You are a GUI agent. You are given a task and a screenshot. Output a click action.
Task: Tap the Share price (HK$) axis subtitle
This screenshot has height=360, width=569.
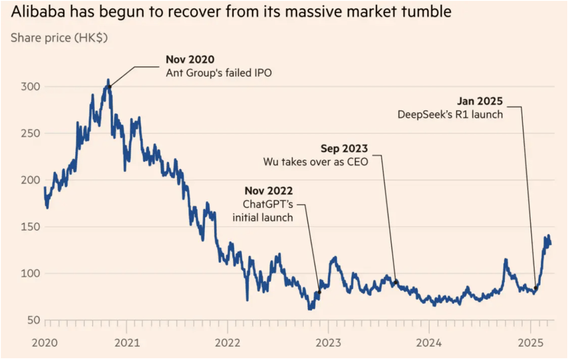(59, 38)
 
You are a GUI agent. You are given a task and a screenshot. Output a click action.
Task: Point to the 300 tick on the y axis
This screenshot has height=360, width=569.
(30, 87)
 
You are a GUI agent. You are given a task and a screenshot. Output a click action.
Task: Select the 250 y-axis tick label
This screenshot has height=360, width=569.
(30, 134)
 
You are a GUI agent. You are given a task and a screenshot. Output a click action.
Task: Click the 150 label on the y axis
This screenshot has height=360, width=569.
(30, 227)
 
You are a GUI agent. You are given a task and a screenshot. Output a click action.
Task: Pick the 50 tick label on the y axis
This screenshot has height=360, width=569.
(33, 320)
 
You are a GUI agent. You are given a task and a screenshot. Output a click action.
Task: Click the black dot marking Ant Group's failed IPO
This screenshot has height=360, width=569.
(110, 87)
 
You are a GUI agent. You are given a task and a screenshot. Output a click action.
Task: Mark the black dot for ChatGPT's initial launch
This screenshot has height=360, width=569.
(319, 292)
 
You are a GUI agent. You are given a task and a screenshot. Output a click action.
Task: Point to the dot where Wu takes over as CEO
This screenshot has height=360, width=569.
(396, 282)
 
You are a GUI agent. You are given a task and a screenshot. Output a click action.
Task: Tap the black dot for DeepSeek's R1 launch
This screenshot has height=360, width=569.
(535, 288)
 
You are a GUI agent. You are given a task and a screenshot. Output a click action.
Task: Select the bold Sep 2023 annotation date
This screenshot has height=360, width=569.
(344, 149)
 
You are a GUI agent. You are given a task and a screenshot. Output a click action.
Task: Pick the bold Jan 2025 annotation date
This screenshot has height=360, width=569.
(481, 102)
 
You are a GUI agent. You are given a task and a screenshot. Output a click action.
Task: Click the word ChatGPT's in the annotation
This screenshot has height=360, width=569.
(268, 204)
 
